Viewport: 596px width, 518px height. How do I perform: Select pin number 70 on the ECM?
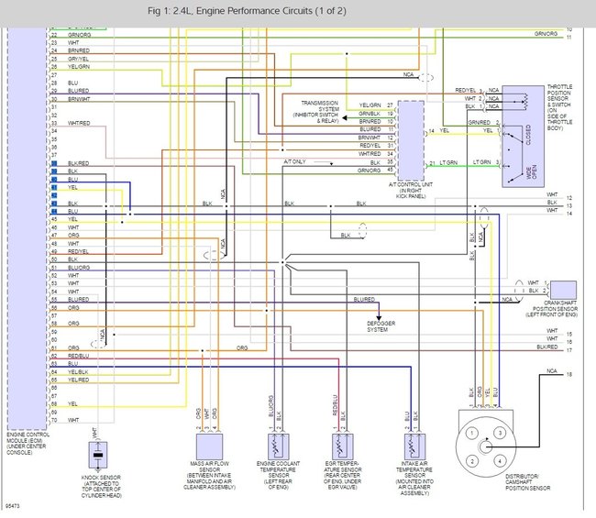tap(55, 421)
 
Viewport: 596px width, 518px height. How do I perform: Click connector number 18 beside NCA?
tap(569, 376)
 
